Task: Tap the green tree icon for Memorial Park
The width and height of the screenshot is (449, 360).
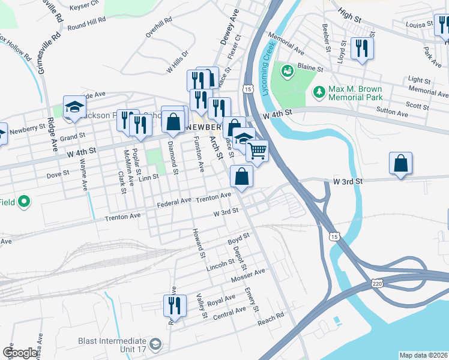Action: click(x=319, y=92)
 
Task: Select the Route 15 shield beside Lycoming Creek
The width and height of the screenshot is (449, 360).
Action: click(x=248, y=88)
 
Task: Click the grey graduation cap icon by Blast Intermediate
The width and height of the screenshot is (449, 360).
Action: click(x=155, y=344)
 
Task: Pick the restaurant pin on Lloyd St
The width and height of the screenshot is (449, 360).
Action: click(x=361, y=48)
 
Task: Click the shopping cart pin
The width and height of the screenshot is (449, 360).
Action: click(x=257, y=151)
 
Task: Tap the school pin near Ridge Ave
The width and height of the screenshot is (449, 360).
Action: click(x=74, y=107)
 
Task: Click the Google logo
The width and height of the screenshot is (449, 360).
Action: click(x=20, y=353)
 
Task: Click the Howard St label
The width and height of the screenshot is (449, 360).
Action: click(x=199, y=244)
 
